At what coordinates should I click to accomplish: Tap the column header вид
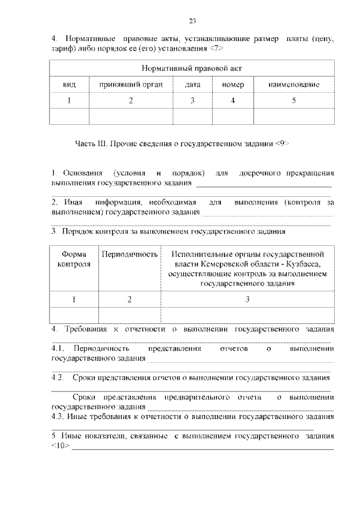(70, 84)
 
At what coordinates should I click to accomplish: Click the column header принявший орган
(131, 84)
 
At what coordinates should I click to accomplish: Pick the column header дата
(193, 84)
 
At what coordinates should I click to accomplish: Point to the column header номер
(233, 84)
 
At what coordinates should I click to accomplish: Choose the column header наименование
(294, 84)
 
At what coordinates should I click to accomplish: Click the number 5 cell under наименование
(294, 101)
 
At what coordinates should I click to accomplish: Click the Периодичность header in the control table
(129, 254)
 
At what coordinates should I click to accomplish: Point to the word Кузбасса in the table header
(304, 264)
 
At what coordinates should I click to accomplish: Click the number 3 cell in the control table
(247, 299)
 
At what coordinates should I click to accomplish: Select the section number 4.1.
(58, 349)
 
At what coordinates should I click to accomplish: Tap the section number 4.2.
(58, 377)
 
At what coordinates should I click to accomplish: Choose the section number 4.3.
(58, 417)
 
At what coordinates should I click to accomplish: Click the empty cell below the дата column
(193, 116)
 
